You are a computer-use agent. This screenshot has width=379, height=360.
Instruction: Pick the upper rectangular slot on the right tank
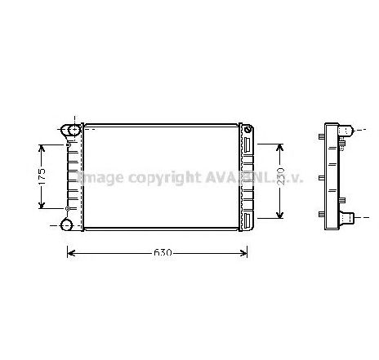coord(246,144)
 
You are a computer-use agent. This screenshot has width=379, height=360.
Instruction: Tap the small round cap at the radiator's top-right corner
coord(245,128)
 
